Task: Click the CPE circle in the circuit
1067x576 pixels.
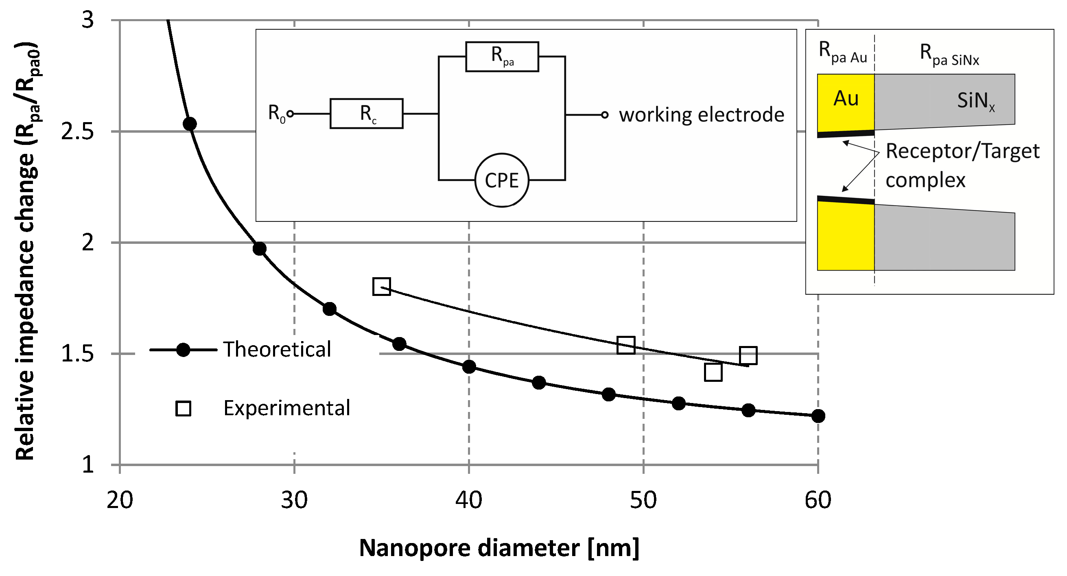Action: coord(502,180)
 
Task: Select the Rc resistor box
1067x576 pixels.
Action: coord(367,114)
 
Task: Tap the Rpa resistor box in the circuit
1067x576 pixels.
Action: coord(502,56)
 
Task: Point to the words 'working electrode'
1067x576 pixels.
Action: coord(701,114)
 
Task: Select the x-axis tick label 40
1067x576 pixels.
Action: coord(468,500)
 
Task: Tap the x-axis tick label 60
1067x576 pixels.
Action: coord(818,500)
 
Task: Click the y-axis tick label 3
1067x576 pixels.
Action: coord(87,20)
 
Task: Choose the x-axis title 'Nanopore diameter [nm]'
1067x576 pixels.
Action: coord(499,548)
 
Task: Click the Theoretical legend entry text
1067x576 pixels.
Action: coord(277,349)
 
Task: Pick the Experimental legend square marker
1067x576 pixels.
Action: coord(183,408)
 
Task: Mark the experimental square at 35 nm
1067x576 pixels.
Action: coord(381,286)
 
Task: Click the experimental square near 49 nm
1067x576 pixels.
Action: coord(626,345)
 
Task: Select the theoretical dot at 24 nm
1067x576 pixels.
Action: coord(190,123)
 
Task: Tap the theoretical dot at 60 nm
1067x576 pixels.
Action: coord(818,416)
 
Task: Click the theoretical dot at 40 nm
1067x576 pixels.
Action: coord(469,366)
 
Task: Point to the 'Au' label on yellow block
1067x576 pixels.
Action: coord(846,99)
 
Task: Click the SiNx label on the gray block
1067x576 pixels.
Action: coord(975,101)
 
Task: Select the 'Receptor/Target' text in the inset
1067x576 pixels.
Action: coord(962,151)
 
